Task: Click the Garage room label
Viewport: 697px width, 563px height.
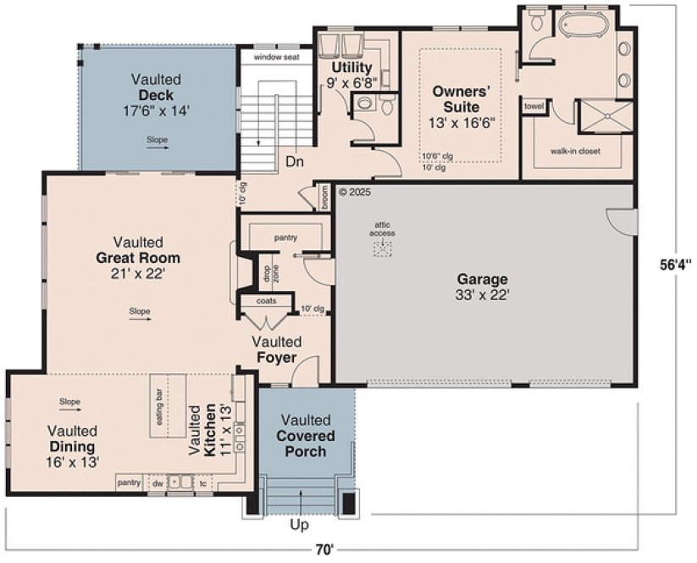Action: click(x=482, y=279)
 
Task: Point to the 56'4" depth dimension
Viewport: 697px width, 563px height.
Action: click(x=677, y=264)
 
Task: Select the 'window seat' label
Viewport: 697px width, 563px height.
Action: click(x=276, y=57)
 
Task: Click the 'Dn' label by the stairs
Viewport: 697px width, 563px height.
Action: click(x=295, y=160)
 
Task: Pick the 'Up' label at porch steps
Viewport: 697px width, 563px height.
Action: click(x=299, y=525)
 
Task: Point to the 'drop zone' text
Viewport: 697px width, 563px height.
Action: click(x=266, y=273)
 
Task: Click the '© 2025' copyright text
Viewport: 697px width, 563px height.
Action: click(x=355, y=192)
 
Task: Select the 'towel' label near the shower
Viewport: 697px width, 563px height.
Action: click(x=534, y=107)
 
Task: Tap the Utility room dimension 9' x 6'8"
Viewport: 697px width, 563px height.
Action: click(x=352, y=83)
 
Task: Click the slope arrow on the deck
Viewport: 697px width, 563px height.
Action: click(x=157, y=148)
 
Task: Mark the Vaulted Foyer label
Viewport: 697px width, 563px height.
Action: click(x=276, y=349)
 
